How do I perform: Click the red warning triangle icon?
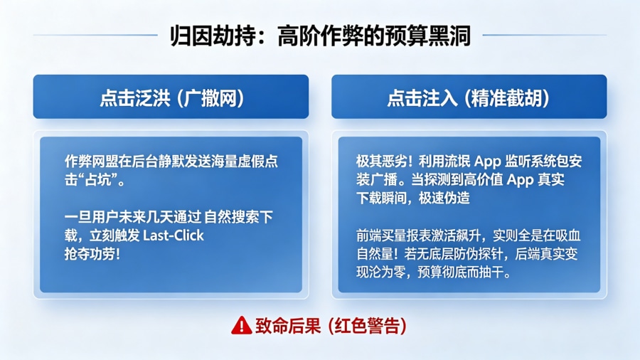(241, 325)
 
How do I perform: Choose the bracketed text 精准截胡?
(507, 97)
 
